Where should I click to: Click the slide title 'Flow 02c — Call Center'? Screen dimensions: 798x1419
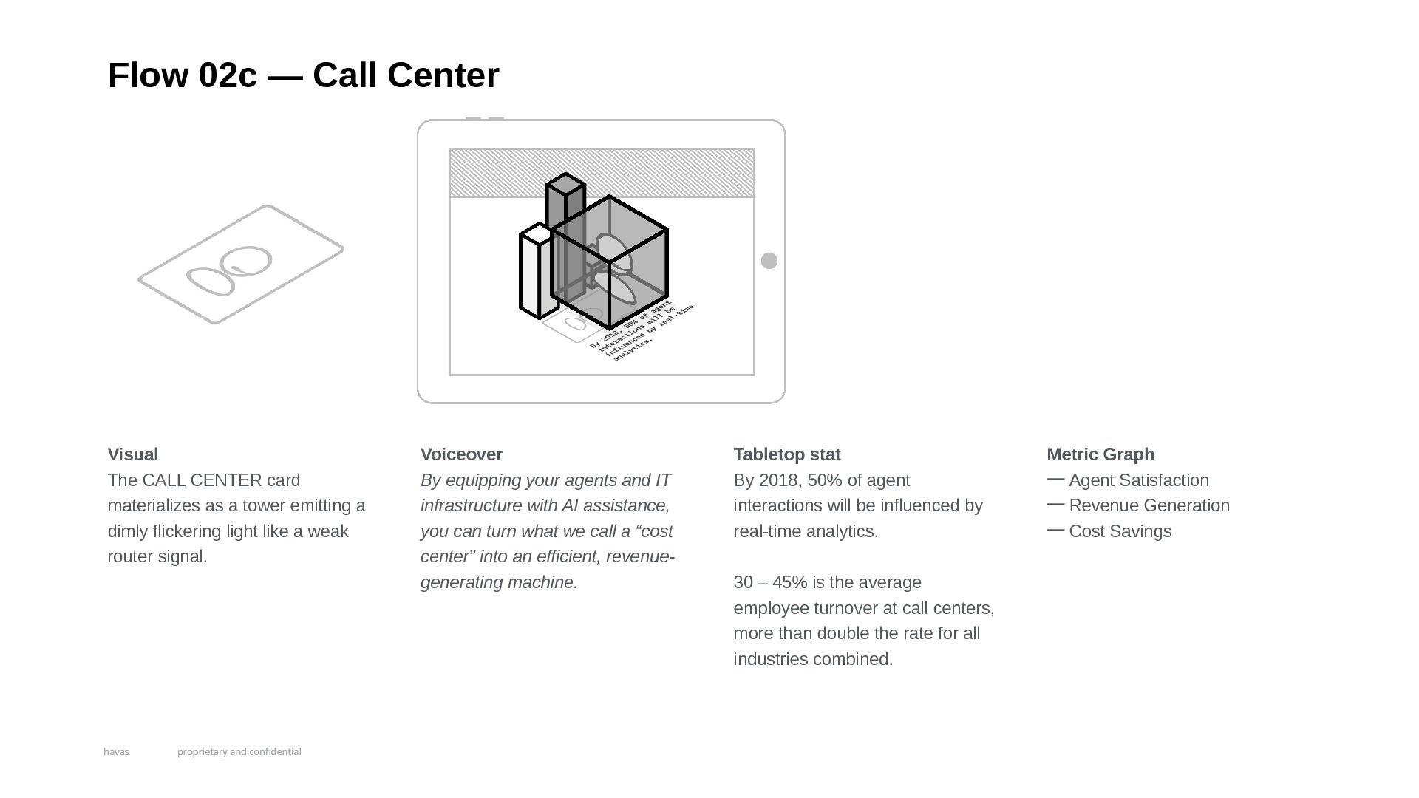click(x=303, y=75)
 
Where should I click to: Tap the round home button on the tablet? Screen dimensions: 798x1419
click(x=769, y=261)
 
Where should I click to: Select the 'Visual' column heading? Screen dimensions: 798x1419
click(x=133, y=454)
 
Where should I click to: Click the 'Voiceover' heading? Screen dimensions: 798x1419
click(x=461, y=454)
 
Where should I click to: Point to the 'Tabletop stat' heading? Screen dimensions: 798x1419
click(x=787, y=454)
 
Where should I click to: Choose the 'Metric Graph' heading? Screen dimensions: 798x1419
click(x=1100, y=454)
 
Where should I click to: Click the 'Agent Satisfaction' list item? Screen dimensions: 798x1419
click(x=1138, y=480)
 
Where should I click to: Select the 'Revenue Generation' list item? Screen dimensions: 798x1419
click(x=1149, y=505)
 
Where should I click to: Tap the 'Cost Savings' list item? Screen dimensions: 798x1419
click(x=1120, y=531)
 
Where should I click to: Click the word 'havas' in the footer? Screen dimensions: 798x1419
click(x=116, y=751)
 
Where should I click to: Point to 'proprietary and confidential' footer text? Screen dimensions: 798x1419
click(x=239, y=751)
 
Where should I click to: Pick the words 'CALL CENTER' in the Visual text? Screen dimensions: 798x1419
click(x=202, y=480)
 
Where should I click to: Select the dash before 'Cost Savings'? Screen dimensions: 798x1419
click(x=1055, y=530)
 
